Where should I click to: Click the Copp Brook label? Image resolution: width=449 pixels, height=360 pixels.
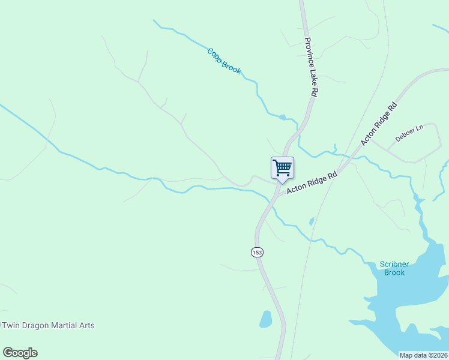point(224,61)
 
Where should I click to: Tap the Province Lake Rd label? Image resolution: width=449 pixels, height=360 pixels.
point(310,68)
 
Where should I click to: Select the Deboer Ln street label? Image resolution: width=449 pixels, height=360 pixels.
point(409,133)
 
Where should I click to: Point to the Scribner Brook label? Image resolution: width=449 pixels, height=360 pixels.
point(395,268)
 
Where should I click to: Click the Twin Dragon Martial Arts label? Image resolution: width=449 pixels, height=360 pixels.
point(49,325)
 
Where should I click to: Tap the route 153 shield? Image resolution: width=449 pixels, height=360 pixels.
point(257,252)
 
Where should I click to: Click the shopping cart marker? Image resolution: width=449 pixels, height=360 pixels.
point(282,167)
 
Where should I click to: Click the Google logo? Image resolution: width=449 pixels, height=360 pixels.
point(20,353)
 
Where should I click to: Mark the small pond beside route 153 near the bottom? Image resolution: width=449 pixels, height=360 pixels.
point(265,319)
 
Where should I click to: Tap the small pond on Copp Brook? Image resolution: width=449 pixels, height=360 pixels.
point(282,117)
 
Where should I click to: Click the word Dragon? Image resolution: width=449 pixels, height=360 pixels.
point(37,325)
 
